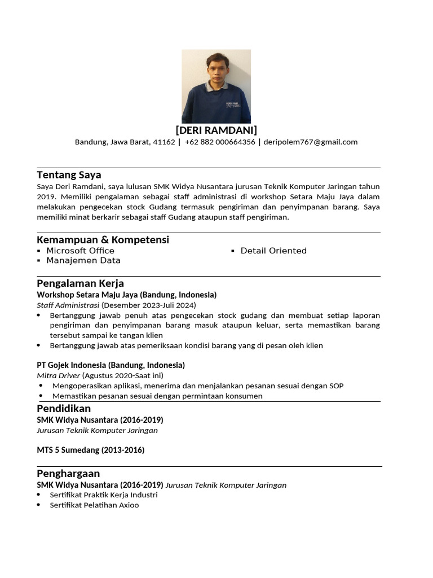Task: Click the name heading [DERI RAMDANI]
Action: pos(216,130)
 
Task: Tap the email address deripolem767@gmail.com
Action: pos(310,142)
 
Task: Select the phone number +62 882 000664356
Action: pos(220,142)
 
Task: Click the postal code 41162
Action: pos(164,142)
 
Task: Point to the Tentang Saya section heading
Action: pos(69,175)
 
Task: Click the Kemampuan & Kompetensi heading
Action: pos(103,240)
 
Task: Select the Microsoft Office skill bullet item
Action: pos(80,251)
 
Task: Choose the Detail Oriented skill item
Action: pos(273,251)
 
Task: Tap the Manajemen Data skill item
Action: pos(83,261)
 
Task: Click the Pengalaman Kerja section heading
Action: pos(80,283)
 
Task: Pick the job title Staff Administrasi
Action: pos(68,305)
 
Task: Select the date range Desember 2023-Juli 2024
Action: pos(149,305)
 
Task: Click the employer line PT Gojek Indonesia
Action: pos(111,365)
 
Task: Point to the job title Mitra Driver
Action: pos(58,375)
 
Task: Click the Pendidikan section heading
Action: pos(64,409)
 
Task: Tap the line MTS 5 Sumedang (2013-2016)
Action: pos(90,450)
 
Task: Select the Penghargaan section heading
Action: pos(68,474)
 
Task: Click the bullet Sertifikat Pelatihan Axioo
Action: pos(94,505)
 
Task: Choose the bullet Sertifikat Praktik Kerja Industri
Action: pos(103,495)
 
